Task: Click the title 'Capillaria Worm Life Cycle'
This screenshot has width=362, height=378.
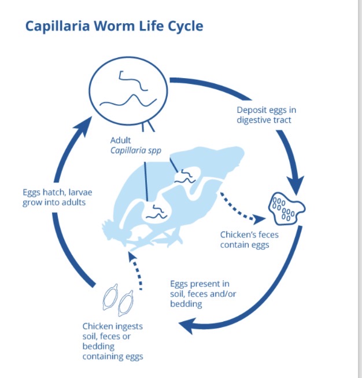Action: coord(114,27)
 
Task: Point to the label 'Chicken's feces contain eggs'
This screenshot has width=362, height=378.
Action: coord(245,240)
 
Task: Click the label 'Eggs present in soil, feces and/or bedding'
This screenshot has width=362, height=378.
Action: coord(201,293)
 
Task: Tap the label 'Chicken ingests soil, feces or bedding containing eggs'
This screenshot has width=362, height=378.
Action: coord(113,342)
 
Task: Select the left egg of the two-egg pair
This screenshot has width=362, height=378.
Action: coord(110,298)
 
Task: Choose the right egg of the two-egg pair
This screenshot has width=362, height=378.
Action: coord(124,303)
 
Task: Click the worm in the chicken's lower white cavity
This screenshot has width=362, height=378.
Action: coord(154,212)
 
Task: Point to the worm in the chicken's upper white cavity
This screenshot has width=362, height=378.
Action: coord(187,174)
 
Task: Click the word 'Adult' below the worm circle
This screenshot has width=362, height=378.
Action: coord(121,140)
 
